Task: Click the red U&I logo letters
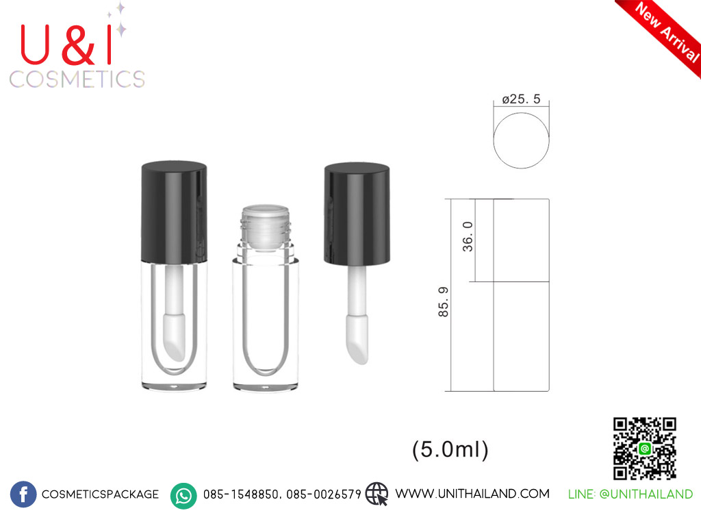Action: (x=66, y=45)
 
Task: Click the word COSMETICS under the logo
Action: (x=77, y=79)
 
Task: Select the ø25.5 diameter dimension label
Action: (x=521, y=99)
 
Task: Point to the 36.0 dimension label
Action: (x=467, y=236)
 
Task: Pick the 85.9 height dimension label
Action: (x=443, y=302)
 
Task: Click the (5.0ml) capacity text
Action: (x=450, y=449)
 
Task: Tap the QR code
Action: (x=644, y=449)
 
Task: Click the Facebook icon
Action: (x=23, y=494)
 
